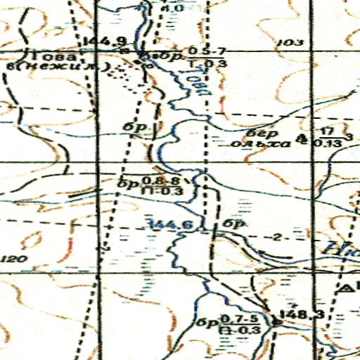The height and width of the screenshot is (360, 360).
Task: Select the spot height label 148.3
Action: pos(301,314)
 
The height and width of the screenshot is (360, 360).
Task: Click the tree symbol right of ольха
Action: pos(302,139)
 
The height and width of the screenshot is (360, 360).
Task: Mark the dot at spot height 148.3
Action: pos(276,321)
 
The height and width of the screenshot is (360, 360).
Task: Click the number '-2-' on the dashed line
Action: pos(281,236)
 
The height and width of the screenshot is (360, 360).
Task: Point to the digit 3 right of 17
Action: pos(349,136)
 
